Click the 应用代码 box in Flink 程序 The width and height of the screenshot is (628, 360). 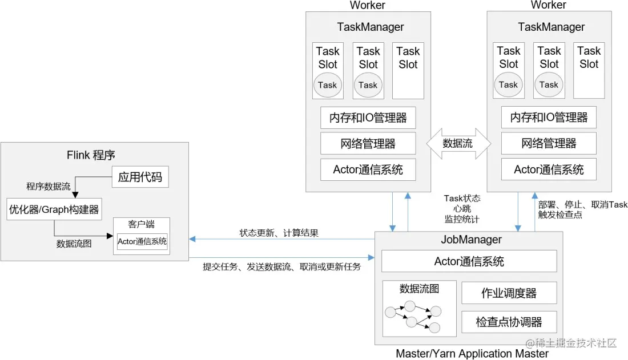[x=140, y=177]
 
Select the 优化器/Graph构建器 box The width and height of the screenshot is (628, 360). [x=54, y=209]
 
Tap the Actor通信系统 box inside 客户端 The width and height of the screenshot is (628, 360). [x=142, y=241]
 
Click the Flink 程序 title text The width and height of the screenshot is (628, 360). [x=91, y=155]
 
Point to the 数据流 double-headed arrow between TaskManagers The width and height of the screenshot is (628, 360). [x=458, y=143]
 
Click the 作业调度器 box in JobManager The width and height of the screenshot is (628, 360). [x=509, y=293]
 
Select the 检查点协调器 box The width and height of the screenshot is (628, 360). [x=509, y=322]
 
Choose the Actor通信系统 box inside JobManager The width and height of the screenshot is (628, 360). [x=469, y=262]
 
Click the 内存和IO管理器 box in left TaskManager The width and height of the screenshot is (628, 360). [x=368, y=118]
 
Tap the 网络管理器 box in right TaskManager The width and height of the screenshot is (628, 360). [x=549, y=143]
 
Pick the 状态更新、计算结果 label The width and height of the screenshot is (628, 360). [x=279, y=233]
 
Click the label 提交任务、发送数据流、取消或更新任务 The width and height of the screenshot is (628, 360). [x=282, y=266]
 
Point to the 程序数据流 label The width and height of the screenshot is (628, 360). [x=49, y=187]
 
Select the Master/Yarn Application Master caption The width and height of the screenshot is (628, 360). [x=472, y=353]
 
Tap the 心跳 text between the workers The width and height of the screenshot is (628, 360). [x=462, y=208]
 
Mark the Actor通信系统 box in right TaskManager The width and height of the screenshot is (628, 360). [x=549, y=169]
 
